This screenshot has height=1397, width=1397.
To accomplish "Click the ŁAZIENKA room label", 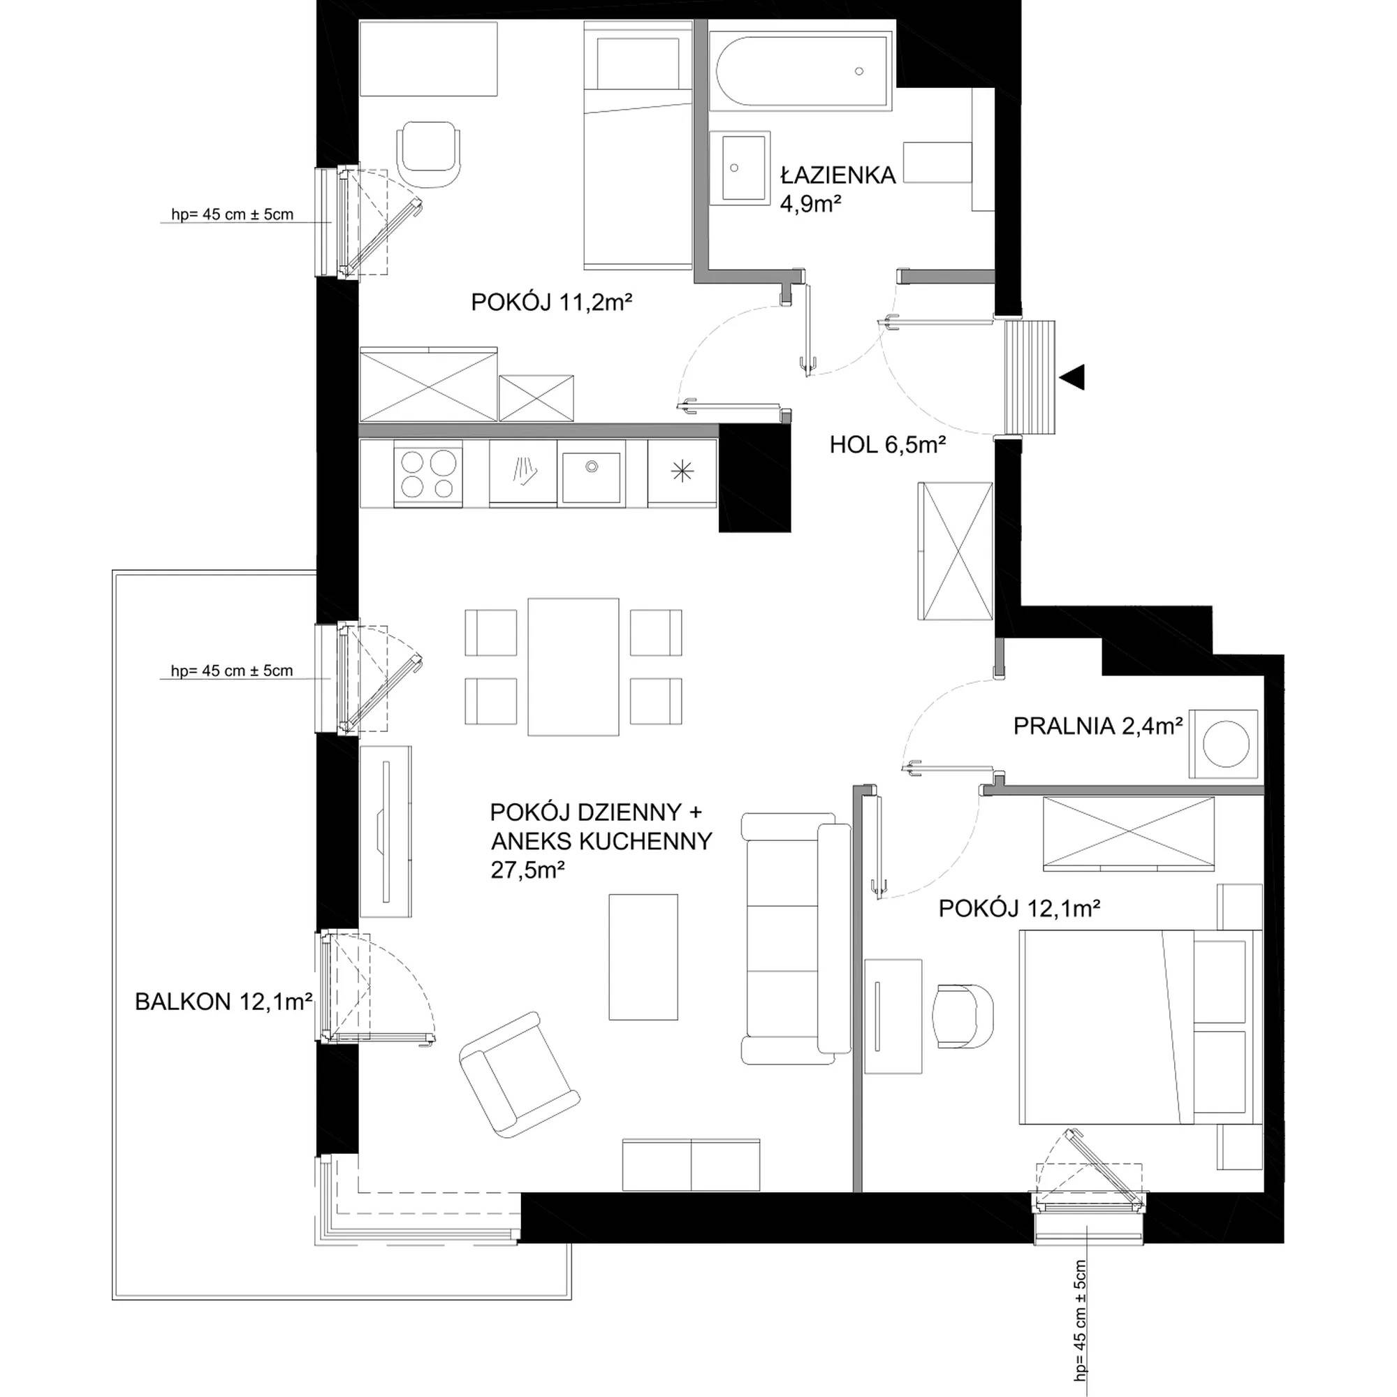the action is (838, 175).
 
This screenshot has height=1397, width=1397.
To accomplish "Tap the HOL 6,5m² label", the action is (887, 445).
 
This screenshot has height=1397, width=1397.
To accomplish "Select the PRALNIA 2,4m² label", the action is (1097, 726).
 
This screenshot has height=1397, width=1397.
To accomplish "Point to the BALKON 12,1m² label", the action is (224, 1002).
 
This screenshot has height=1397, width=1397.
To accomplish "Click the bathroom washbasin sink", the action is (738, 167).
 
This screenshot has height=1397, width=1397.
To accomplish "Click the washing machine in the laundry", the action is (1224, 744).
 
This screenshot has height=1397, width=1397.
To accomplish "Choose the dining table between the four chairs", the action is (573, 666).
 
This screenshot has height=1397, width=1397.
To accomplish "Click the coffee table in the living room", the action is (643, 958).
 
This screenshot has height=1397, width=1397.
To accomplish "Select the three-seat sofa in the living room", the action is (796, 939).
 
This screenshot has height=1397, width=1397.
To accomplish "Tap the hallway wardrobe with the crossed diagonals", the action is (955, 550).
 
